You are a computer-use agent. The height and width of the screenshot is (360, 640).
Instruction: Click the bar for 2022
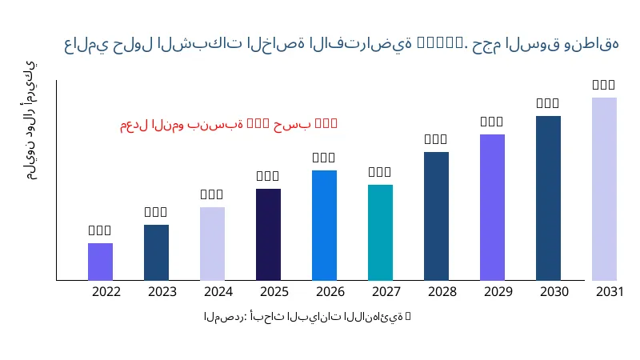tap(100, 262)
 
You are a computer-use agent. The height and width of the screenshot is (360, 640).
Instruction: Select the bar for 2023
tap(156, 252)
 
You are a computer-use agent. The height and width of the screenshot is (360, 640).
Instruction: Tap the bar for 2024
tap(212, 243)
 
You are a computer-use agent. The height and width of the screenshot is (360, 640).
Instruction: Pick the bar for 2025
tap(268, 234)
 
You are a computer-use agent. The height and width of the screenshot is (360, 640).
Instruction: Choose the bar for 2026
tap(324, 225)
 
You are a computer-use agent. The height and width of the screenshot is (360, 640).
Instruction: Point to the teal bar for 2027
tap(380, 232)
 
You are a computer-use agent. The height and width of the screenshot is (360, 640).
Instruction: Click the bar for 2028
tap(436, 216)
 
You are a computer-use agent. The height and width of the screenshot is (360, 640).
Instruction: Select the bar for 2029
tap(492, 207)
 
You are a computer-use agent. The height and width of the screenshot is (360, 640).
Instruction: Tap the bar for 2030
tap(548, 198)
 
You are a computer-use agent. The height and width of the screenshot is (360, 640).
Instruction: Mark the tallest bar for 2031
tap(604, 189)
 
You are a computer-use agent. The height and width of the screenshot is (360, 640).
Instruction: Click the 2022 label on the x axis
tap(106, 291)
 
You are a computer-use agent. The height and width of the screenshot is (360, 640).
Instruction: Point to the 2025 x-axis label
tap(274, 291)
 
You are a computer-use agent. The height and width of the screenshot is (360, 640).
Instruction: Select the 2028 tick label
tap(442, 291)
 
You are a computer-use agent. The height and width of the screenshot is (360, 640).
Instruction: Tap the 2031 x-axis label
tap(610, 291)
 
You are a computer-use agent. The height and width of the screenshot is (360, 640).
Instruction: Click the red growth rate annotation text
tap(229, 124)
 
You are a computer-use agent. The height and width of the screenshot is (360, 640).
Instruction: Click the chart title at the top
tap(342, 43)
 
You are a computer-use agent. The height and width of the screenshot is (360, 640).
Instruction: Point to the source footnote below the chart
tap(307, 317)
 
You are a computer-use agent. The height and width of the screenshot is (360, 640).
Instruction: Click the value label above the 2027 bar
tap(380, 172)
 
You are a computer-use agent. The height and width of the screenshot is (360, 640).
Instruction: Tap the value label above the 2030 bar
tap(548, 103)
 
